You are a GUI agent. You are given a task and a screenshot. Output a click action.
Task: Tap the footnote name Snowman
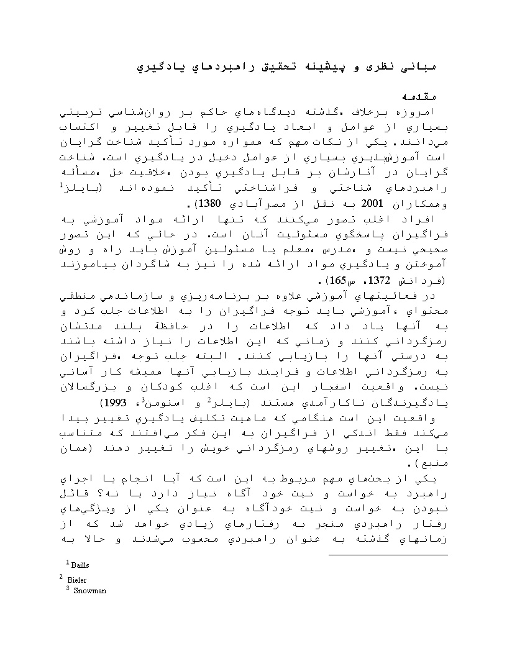point(89,591)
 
